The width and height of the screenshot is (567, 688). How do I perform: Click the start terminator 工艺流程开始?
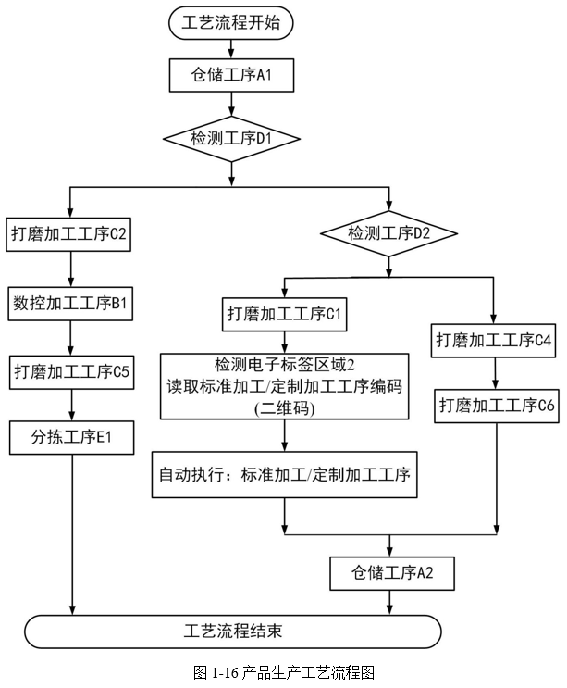(x=231, y=23)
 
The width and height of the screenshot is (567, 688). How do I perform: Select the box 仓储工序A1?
(x=231, y=76)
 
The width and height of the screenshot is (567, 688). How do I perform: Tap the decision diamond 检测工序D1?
(x=231, y=139)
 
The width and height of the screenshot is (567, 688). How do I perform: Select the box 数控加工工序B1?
(x=71, y=303)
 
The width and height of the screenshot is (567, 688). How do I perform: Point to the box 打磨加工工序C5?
(x=71, y=371)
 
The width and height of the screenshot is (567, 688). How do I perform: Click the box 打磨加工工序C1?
(x=285, y=313)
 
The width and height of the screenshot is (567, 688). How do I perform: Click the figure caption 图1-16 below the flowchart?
(x=283, y=673)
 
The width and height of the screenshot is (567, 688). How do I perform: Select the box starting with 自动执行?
(x=284, y=475)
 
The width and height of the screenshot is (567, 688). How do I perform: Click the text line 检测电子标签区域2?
(x=284, y=363)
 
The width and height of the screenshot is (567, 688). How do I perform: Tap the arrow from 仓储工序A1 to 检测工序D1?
(x=231, y=104)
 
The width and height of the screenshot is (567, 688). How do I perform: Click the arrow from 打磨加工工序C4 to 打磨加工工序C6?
(x=497, y=372)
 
